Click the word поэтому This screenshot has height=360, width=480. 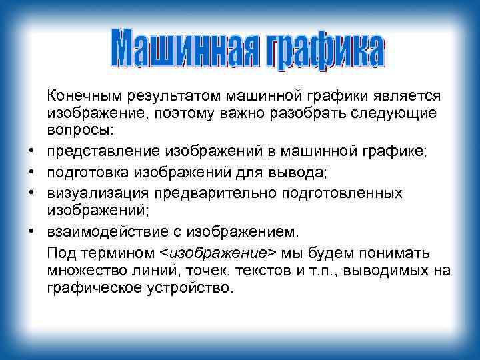pos(188,113)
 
